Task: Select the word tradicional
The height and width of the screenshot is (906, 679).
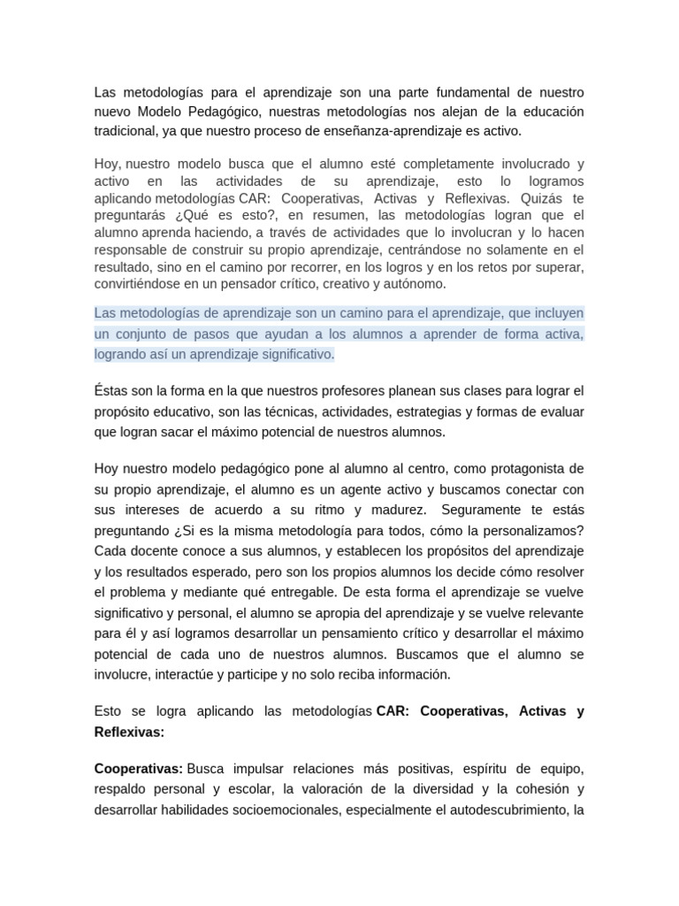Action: coord(129,131)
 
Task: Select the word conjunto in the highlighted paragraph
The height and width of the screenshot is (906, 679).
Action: coord(141,334)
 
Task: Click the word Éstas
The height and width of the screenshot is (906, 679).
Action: coord(111,390)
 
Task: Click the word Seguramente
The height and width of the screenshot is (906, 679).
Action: coord(480,511)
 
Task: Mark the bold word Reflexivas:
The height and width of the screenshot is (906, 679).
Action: coord(129,733)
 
